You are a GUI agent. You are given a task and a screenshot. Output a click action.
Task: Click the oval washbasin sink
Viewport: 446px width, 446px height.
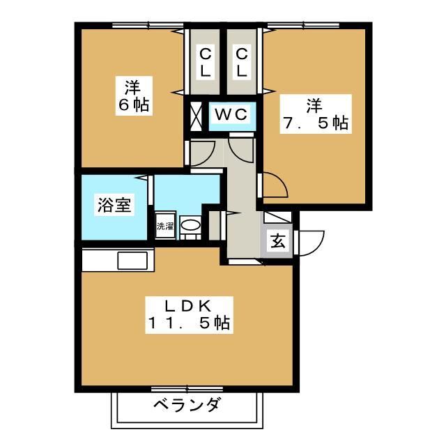[x=190, y=225]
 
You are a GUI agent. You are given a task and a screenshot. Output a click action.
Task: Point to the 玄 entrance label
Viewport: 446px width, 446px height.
[x=277, y=242]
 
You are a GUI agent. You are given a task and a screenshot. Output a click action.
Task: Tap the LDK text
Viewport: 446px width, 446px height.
[x=187, y=305]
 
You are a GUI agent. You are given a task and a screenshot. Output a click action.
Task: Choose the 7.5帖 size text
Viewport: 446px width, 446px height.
[x=315, y=124]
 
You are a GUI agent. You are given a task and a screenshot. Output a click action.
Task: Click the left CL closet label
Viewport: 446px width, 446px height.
[x=205, y=62]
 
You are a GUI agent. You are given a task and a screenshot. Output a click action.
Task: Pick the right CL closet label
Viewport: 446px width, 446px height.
[x=241, y=62]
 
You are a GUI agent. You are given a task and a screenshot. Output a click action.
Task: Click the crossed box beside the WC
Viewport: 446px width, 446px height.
[x=194, y=116]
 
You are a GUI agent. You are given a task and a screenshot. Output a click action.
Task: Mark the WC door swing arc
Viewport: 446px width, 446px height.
[x=242, y=145]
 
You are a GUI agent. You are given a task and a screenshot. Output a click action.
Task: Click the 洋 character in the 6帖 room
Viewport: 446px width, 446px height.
[x=132, y=88]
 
